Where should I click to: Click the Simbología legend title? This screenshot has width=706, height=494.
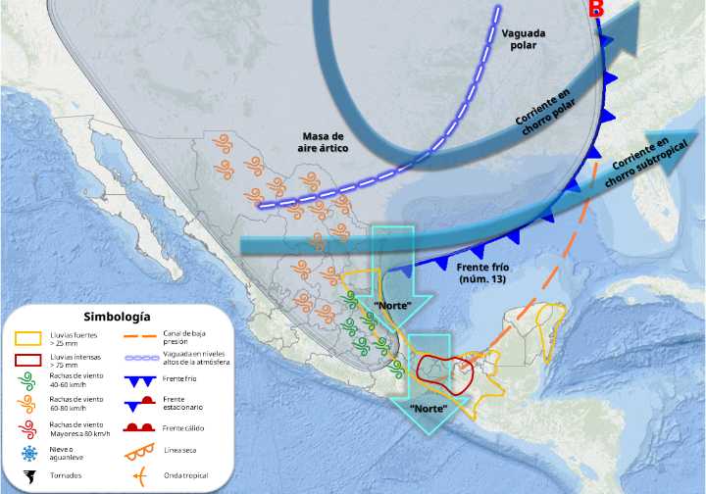117,317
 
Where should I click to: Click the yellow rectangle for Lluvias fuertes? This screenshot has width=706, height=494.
28,339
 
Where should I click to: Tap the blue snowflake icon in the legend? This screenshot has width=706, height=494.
28,453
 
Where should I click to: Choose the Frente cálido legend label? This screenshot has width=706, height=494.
187,428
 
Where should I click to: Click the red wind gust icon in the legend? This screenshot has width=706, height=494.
28,428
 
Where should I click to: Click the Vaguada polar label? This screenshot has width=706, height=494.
524,39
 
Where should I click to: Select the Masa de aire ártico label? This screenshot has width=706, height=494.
322,142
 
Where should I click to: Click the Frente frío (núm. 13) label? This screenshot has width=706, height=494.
487,273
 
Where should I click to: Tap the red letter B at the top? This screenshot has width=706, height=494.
595,9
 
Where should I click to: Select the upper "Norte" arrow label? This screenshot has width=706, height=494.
391,305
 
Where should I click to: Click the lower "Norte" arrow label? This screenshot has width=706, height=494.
429,407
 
